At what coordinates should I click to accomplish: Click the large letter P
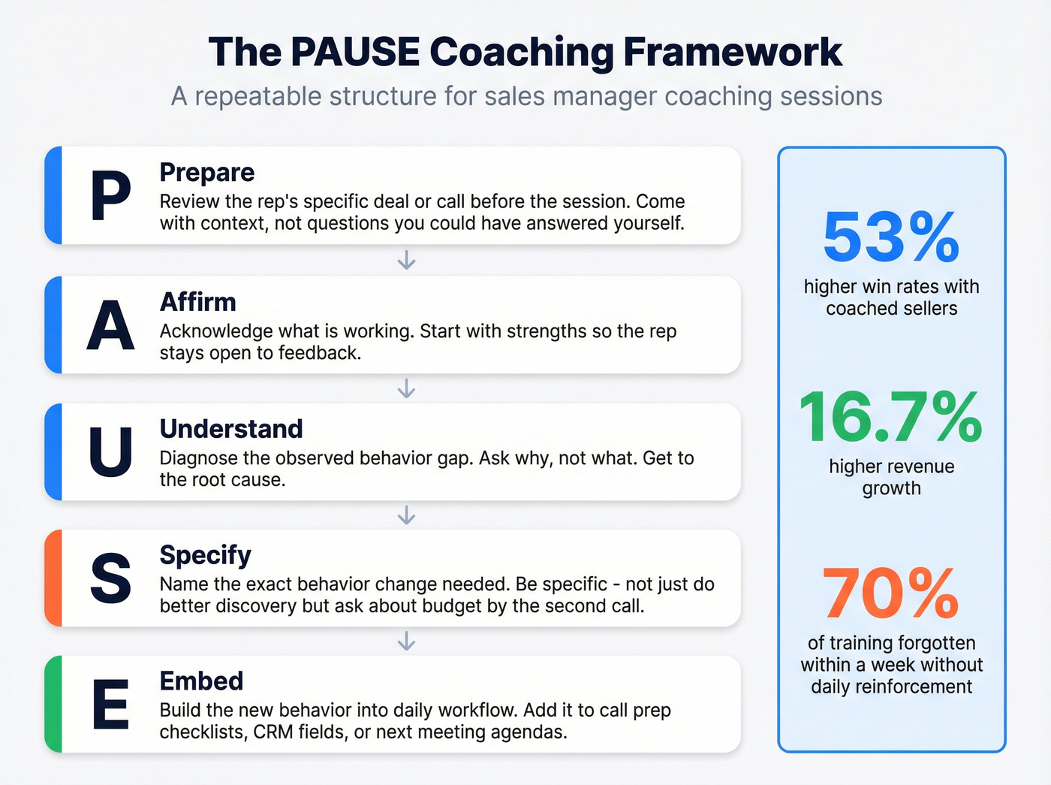pyautogui.click(x=110, y=196)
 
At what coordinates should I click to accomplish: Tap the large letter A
pyautogui.click(x=110, y=326)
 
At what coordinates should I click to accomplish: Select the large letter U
pyautogui.click(x=110, y=452)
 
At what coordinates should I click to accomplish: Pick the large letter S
pyautogui.click(x=110, y=578)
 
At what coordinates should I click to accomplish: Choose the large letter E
pyautogui.click(x=110, y=705)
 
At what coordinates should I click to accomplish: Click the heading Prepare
pyautogui.click(x=207, y=172)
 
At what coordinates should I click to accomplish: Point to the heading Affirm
pyautogui.click(x=197, y=302)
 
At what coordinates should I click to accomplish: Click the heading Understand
pyautogui.click(x=231, y=429)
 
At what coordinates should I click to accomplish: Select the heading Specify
pyautogui.click(x=205, y=555)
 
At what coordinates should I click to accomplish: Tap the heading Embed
pyautogui.click(x=201, y=681)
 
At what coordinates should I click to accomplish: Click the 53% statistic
pyautogui.click(x=891, y=237)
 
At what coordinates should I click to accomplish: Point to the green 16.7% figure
pyautogui.click(x=891, y=417)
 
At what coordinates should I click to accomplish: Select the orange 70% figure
pyautogui.click(x=891, y=593)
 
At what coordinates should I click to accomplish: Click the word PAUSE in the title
pyautogui.click(x=354, y=52)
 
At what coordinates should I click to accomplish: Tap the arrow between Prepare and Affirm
pyautogui.click(x=406, y=261)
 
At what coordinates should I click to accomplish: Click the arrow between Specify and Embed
pyautogui.click(x=406, y=641)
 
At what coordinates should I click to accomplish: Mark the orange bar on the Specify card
pyautogui.click(x=53, y=578)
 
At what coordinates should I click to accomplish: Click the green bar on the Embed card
pyautogui.click(x=53, y=705)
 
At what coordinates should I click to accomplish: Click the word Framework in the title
pyautogui.click(x=733, y=52)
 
